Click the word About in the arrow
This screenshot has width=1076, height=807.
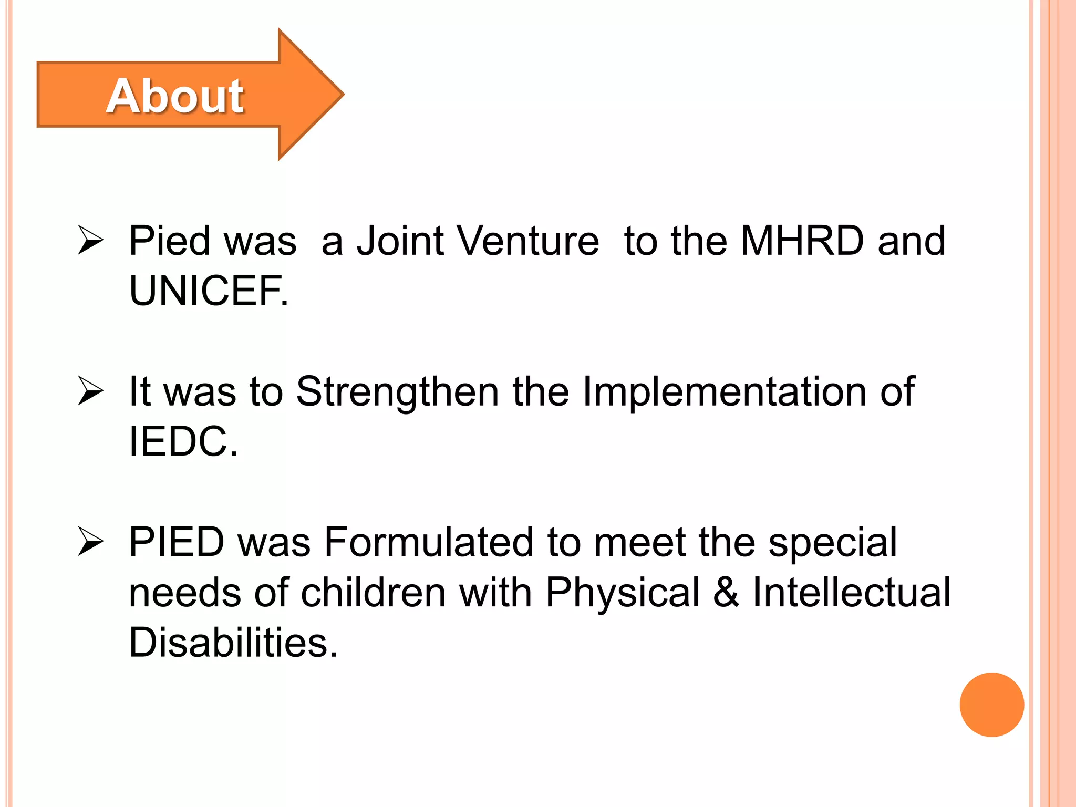[175, 96]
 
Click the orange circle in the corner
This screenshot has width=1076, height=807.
[991, 705]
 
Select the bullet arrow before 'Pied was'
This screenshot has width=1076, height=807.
[90, 240]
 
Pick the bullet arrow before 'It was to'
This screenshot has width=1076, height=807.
[90, 391]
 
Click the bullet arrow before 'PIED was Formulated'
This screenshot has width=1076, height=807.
[90, 541]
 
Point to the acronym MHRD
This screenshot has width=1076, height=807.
[802, 241]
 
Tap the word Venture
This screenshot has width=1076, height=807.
[527, 241]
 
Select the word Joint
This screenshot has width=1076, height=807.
[400, 241]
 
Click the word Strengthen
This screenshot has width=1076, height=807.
[397, 392]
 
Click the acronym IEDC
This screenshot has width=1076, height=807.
[183, 441]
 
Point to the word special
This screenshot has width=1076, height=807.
[833, 542]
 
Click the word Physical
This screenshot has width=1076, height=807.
[623, 593]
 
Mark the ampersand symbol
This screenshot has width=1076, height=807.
[726, 593]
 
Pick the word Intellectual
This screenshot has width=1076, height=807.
[851, 593]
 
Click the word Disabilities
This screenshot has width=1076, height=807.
[233, 642]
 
